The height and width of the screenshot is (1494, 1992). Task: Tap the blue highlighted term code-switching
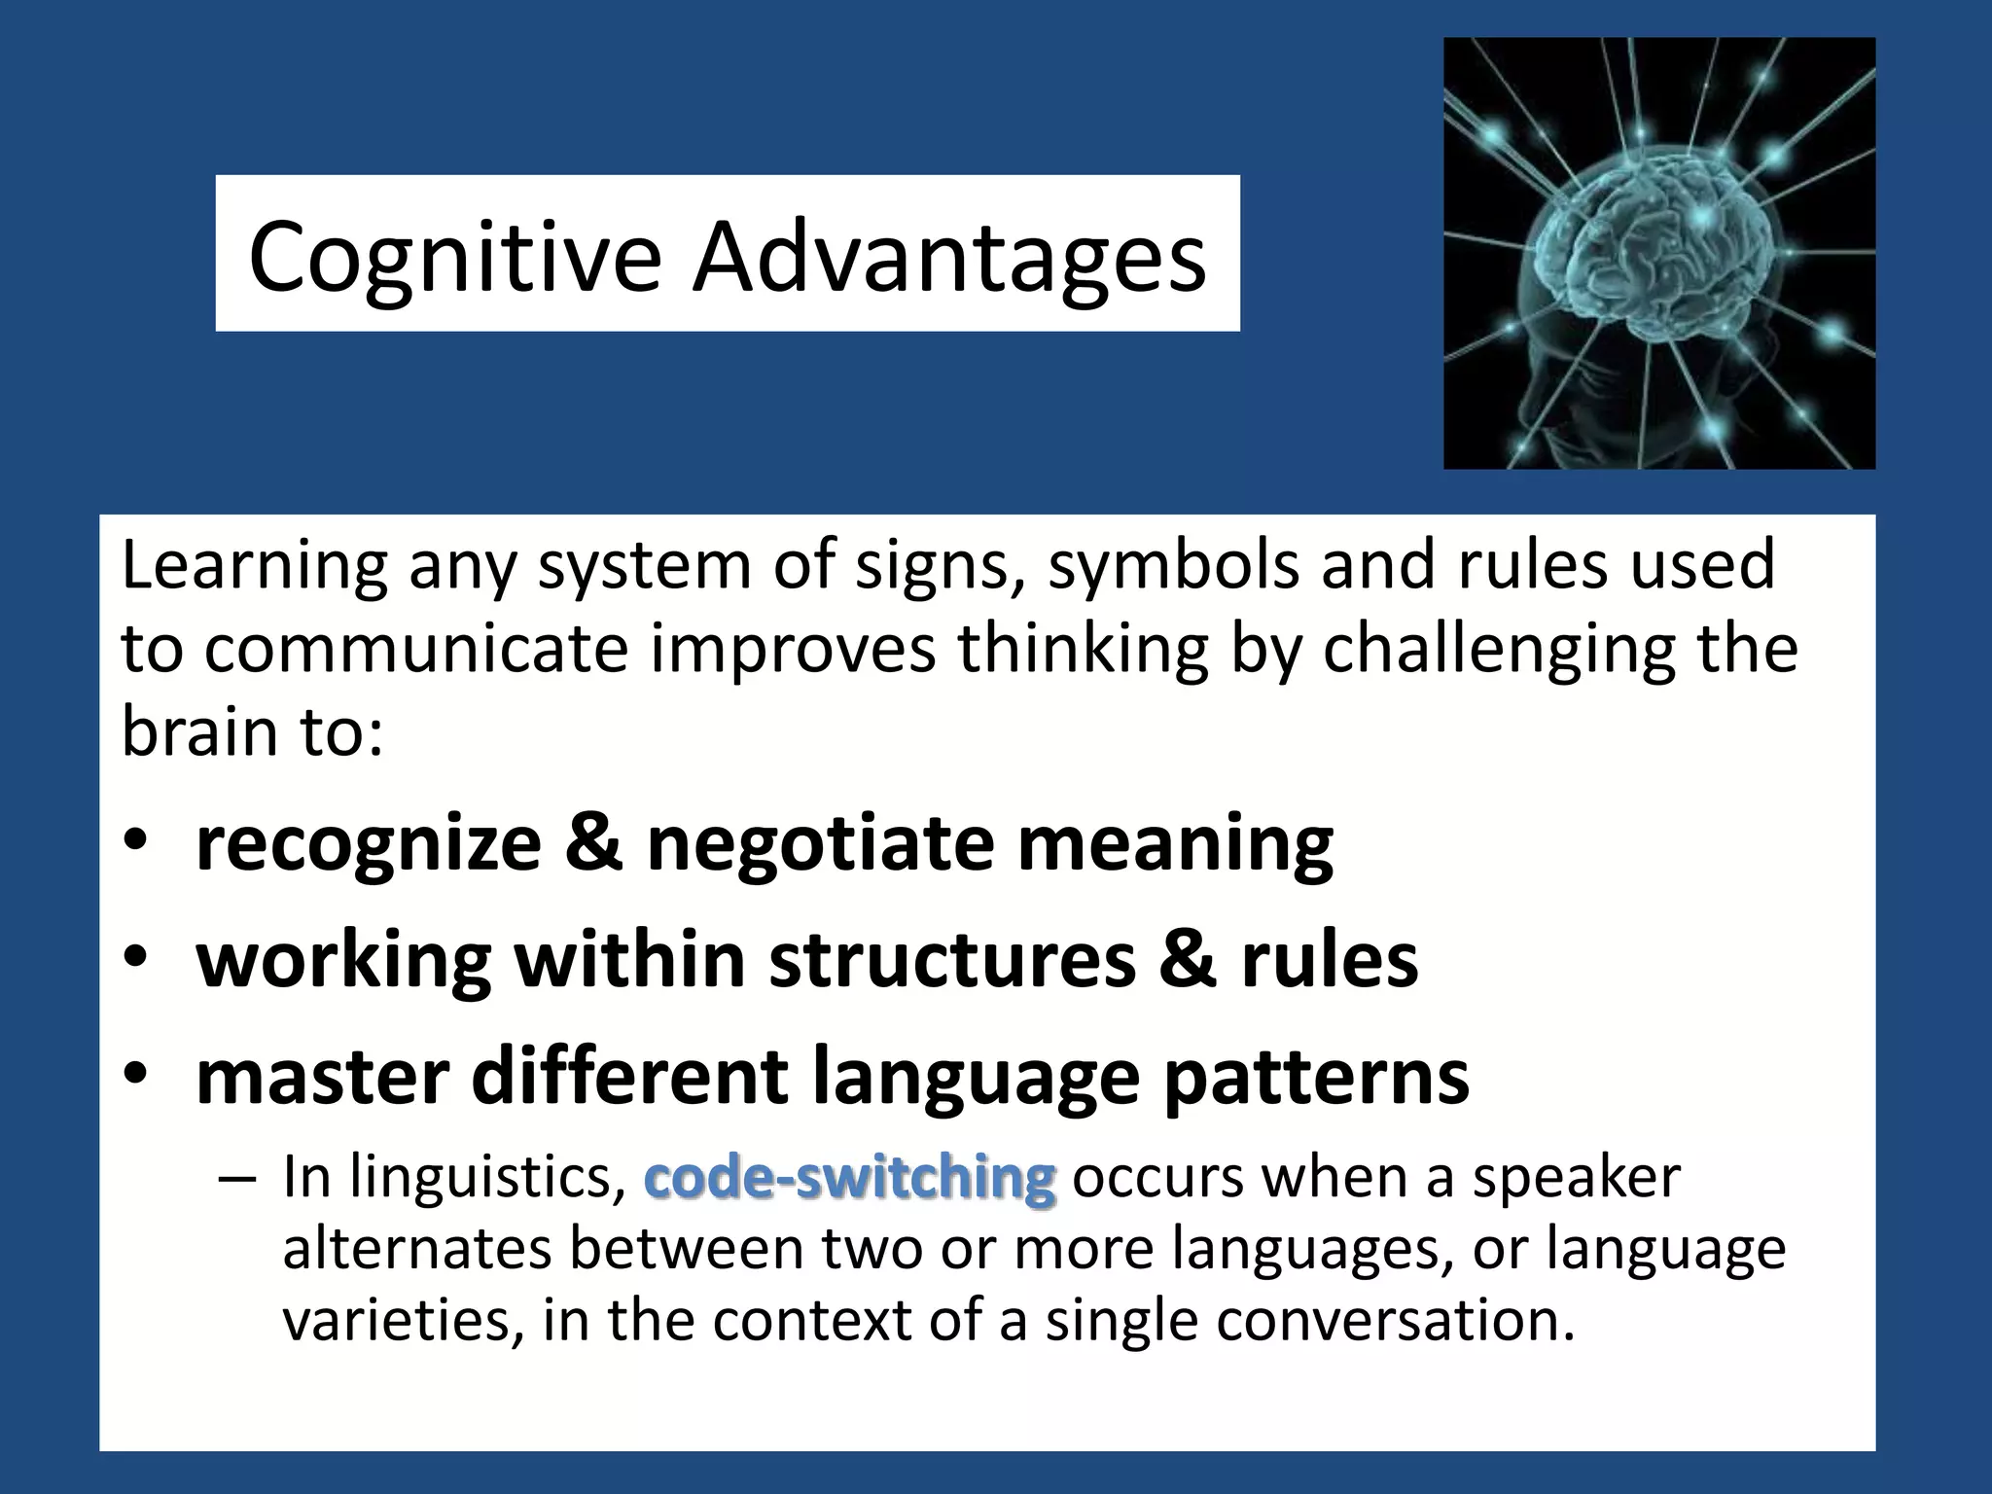(x=849, y=1178)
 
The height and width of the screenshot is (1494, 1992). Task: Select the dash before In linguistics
(x=236, y=1180)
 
